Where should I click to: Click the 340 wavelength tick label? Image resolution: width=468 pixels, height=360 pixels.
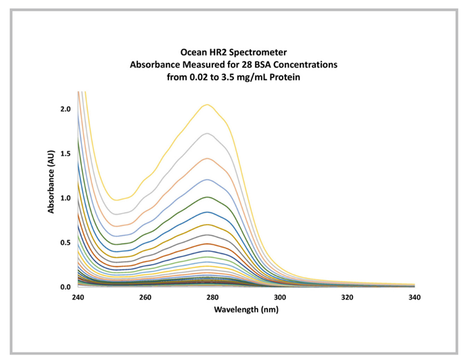pyautogui.click(x=414, y=296)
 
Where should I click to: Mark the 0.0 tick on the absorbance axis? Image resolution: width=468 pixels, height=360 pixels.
pyautogui.click(x=65, y=287)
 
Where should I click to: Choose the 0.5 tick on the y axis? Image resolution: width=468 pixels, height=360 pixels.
pyautogui.click(x=65, y=242)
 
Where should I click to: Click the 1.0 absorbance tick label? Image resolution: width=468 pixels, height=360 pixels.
pyautogui.click(x=65, y=198)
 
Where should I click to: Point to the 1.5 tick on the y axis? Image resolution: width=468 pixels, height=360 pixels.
pyautogui.click(x=65, y=153)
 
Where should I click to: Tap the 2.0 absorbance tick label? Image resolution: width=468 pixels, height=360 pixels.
pyautogui.click(x=65, y=108)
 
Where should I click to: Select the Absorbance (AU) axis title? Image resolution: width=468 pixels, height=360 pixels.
pyautogui.click(x=51, y=182)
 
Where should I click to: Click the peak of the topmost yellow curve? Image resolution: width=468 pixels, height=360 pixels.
pyautogui.click(x=208, y=104)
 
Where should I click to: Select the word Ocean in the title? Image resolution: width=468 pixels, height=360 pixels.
pyautogui.click(x=193, y=51)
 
